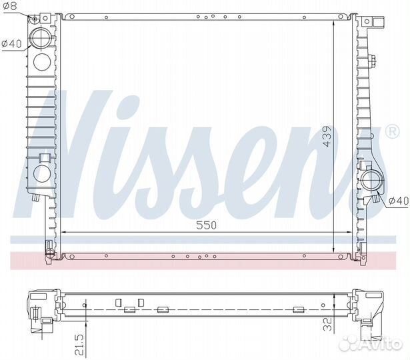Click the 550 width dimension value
[206, 225]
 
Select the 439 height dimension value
[327, 137]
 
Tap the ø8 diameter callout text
[11, 6]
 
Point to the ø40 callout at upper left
[11, 43]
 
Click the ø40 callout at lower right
[399, 201]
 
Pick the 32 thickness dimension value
[327, 324]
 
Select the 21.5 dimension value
[79, 345]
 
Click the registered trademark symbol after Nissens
[392, 131]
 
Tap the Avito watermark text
[380, 343]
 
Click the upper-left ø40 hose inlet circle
[41, 37]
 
